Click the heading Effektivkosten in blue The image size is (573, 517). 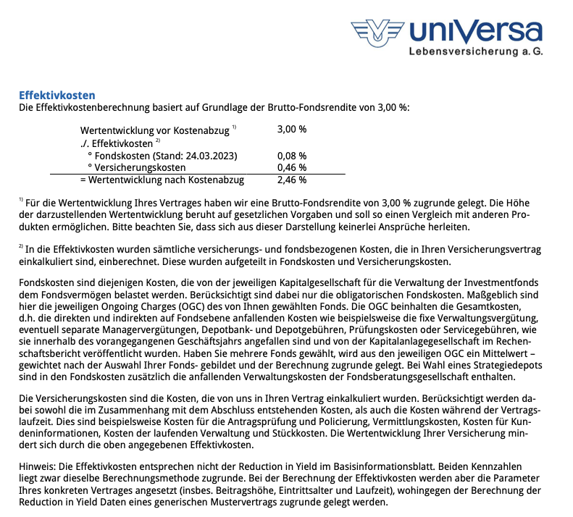(x=57, y=96)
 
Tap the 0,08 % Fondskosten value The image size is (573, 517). (x=292, y=156)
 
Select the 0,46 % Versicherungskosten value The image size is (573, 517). (x=292, y=168)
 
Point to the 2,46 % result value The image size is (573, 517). (x=292, y=180)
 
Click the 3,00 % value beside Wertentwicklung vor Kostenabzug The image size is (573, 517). (x=292, y=130)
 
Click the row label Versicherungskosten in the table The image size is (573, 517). (x=140, y=168)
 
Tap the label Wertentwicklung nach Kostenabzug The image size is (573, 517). (x=166, y=180)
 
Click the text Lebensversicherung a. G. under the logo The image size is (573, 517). (x=475, y=52)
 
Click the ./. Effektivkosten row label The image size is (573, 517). (x=116, y=143)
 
